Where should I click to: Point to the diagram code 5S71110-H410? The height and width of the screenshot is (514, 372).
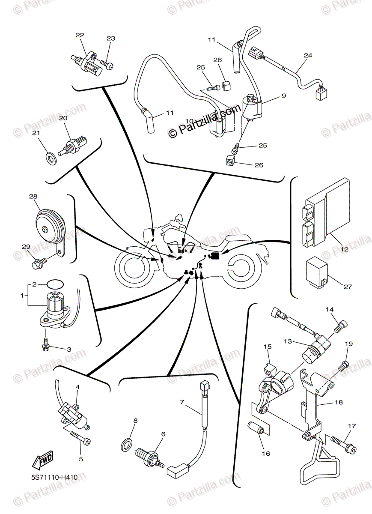pos(54,476)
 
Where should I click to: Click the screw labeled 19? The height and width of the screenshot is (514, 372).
pos(343,366)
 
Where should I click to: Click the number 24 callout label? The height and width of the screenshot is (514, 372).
pos(308,55)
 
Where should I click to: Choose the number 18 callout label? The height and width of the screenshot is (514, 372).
pos(339,403)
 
